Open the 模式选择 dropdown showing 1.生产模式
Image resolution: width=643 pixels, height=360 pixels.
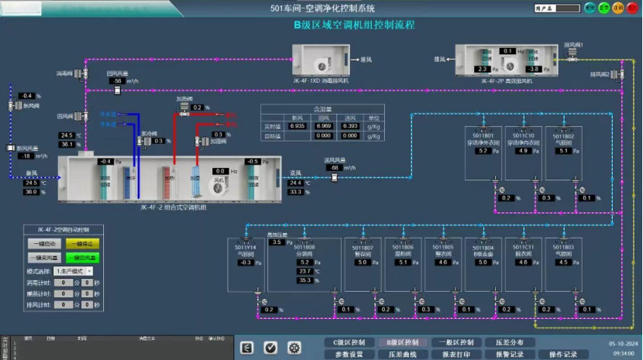(74, 272)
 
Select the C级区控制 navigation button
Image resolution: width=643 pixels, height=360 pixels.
(348, 342)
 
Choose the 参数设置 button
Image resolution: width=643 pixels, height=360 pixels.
(348, 354)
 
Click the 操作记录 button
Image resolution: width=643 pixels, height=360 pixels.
(563, 354)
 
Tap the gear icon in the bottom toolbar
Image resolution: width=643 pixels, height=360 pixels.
(294, 348)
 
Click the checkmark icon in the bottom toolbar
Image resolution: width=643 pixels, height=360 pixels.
(270, 348)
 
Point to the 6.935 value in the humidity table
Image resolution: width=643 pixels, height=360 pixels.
(296, 125)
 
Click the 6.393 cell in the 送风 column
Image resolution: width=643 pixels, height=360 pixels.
(350, 125)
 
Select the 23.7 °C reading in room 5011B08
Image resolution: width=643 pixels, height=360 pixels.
(304, 272)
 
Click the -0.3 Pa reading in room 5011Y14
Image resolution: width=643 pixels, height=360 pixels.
(245, 262)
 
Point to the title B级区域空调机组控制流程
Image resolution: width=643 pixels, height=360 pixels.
(354, 24)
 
